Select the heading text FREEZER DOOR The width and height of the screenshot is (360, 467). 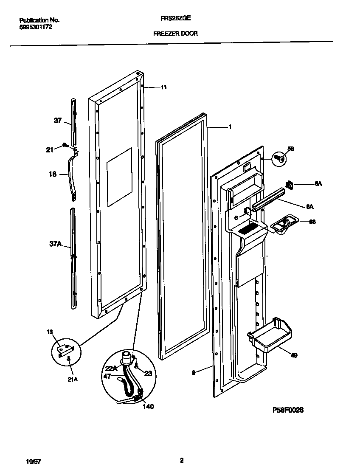coord(175,33)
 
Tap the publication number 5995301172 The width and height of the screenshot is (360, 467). coord(36,26)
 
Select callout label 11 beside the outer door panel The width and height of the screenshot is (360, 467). coord(164,87)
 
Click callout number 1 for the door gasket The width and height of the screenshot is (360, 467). coord(230,127)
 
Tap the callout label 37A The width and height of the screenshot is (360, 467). coord(56,244)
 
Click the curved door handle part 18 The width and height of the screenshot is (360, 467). coord(70,174)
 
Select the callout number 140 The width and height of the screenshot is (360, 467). coord(148,407)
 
